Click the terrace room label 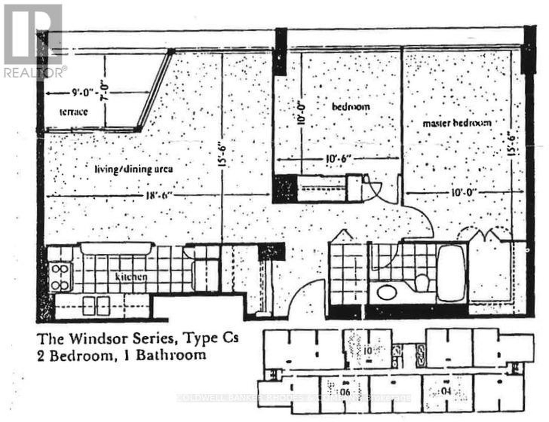[x=73, y=112]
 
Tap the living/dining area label [x=134, y=169]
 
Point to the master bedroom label [x=457, y=123]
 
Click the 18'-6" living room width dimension [x=159, y=196]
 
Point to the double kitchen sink [x=96, y=306]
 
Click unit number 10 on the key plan [x=367, y=351]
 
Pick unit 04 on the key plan [x=446, y=390]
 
